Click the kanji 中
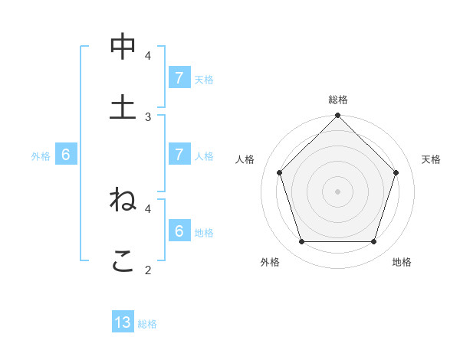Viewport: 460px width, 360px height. tap(123, 47)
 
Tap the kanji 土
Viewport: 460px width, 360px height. tap(123, 106)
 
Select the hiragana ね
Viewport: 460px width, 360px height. tap(123, 199)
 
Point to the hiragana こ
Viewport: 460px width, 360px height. tap(123, 260)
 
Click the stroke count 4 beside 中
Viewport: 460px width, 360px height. tap(148, 56)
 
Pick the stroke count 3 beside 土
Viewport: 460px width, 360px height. tap(148, 116)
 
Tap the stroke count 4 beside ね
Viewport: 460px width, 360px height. tap(148, 208)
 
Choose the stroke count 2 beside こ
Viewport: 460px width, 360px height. tap(148, 270)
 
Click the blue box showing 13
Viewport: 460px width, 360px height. tap(123, 322)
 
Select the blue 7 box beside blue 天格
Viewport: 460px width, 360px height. tap(179, 78)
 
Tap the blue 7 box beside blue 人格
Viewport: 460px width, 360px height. tap(179, 155)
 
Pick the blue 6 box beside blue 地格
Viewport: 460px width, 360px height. tap(179, 231)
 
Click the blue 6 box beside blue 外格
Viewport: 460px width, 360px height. tap(66, 155)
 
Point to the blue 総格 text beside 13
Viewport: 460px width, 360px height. tap(147, 324)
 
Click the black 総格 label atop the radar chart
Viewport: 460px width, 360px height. tap(338, 100)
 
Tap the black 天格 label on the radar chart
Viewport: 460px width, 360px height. tap(432, 159)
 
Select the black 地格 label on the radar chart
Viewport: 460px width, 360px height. tap(402, 262)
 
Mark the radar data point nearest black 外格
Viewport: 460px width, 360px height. tap(301, 242)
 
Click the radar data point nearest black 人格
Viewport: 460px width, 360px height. tap(279, 172)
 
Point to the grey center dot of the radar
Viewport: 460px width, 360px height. tap(338, 191)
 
